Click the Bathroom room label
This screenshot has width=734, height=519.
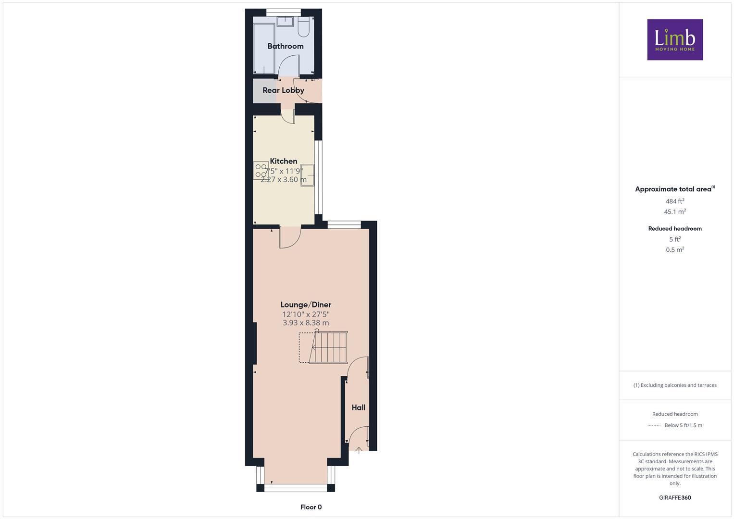click(x=286, y=46)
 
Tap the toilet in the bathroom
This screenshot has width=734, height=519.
click(x=303, y=28)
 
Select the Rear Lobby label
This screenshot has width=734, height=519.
click(x=283, y=90)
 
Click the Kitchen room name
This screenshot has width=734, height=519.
click(x=284, y=161)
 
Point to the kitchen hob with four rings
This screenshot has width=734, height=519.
click(x=261, y=171)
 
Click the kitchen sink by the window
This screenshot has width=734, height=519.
click(x=307, y=175)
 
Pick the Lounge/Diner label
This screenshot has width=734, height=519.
click(x=306, y=305)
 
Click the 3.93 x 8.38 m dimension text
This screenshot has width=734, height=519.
click(x=306, y=323)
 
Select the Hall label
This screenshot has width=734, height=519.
click(x=358, y=408)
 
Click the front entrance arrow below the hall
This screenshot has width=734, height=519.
click(x=359, y=450)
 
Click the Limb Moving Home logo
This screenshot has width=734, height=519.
click(x=675, y=40)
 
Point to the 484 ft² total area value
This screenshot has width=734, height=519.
click(x=675, y=201)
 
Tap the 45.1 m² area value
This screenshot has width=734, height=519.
click(x=675, y=211)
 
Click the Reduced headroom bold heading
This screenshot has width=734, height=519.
click(x=675, y=229)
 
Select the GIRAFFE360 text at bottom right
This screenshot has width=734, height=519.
click(x=675, y=498)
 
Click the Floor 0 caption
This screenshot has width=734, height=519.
click(x=311, y=507)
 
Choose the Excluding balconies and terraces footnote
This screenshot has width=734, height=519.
click(x=675, y=385)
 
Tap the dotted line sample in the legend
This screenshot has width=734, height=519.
click(x=654, y=425)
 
